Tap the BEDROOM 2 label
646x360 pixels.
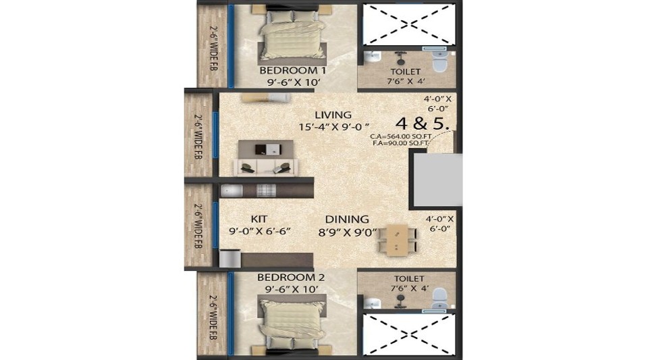(286, 278)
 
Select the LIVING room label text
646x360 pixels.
(333, 115)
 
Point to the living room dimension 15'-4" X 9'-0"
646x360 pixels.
(335, 126)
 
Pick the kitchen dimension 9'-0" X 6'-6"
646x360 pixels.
(260, 231)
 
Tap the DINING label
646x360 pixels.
(347, 219)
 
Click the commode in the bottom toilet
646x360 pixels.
(439, 297)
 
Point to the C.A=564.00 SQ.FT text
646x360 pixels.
(402, 136)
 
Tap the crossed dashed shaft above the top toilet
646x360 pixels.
(408, 23)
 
